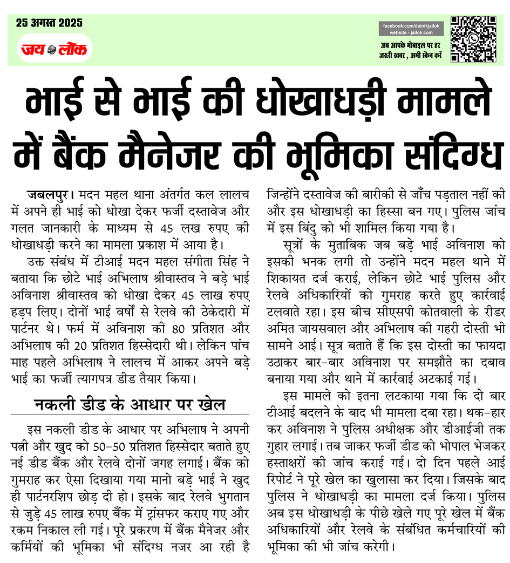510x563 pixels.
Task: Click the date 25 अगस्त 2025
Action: pyautogui.click(x=49, y=22)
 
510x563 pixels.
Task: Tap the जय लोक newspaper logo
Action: pyautogui.click(x=53, y=49)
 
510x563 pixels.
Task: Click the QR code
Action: pyautogui.click(x=473, y=38)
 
